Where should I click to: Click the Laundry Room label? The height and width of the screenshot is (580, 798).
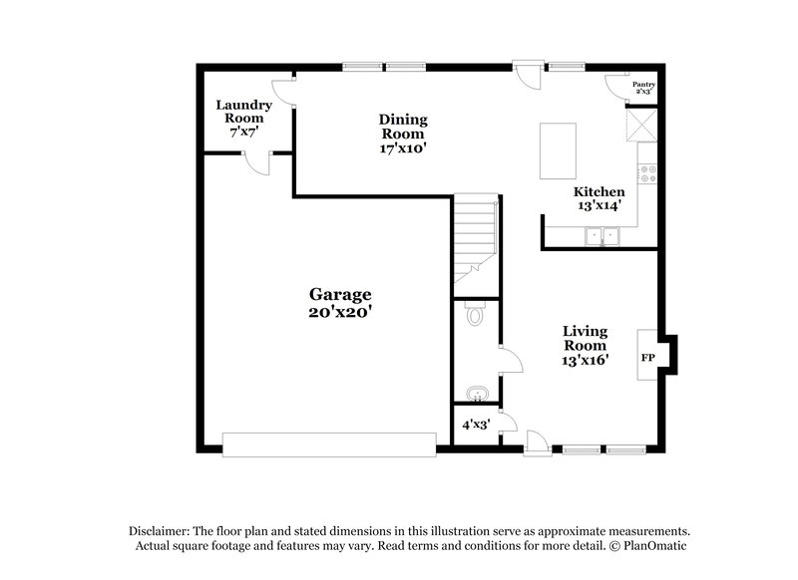pyautogui.click(x=245, y=118)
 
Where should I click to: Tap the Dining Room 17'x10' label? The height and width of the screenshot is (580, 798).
pyautogui.click(x=401, y=134)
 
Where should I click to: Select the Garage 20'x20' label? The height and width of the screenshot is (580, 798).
pyautogui.click(x=339, y=302)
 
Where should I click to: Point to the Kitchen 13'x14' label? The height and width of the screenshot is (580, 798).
pyautogui.click(x=598, y=198)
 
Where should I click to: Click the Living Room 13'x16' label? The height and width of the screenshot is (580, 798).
pyautogui.click(x=585, y=345)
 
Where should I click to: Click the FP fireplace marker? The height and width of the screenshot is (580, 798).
pyautogui.click(x=647, y=358)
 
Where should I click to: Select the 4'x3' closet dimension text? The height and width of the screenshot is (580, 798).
pyautogui.click(x=474, y=424)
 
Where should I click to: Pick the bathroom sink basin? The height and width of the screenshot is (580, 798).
pyautogui.click(x=477, y=392)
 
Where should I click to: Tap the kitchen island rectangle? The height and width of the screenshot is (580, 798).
pyautogui.click(x=558, y=150)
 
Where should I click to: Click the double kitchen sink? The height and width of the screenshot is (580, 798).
pyautogui.click(x=601, y=235)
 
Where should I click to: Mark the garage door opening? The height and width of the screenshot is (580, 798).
pyautogui.click(x=329, y=444)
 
